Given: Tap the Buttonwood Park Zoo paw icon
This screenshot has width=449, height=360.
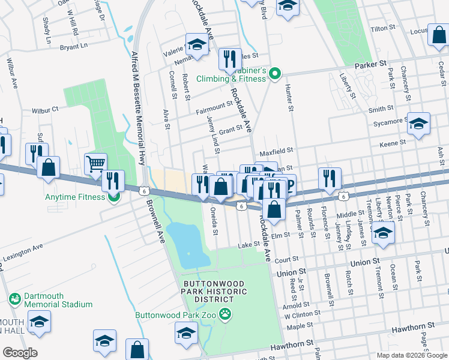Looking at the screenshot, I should [x=225, y=313].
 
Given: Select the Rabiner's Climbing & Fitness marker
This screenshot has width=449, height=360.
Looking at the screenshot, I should [x=275, y=74].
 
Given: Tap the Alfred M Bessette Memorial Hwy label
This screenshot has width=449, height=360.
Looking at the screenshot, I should [x=139, y=108].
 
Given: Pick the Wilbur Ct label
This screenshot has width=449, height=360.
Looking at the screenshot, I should [x=46, y=110].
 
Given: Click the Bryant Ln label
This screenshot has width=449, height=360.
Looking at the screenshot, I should [x=74, y=45].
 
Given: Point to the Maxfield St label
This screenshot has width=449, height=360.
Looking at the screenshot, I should [x=276, y=151].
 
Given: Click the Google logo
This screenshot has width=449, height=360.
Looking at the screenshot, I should [x=19, y=353].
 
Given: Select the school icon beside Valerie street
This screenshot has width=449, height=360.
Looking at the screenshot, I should [x=196, y=44].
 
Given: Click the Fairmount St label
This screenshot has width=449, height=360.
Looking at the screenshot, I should [x=214, y=106].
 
